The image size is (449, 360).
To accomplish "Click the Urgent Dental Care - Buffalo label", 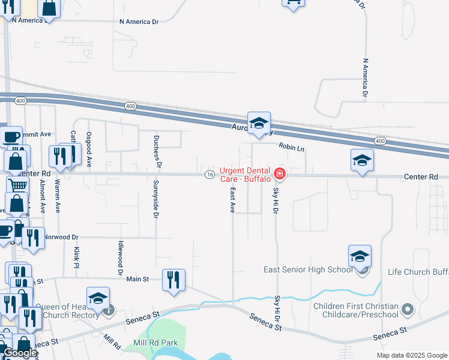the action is [246, 175].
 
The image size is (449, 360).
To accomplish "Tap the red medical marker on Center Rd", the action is [279, 175].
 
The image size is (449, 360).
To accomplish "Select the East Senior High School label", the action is [308, 269].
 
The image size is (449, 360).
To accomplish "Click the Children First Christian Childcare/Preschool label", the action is [356, 310].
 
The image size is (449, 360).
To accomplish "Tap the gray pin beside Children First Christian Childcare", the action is [408, 310].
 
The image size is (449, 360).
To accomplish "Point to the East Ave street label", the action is [232, 200].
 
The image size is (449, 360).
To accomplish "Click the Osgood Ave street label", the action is [89, 149].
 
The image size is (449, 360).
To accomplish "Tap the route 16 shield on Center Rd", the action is [209, 175].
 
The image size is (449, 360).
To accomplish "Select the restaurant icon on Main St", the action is [173, 280].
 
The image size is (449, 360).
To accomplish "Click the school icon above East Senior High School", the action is [360, 256].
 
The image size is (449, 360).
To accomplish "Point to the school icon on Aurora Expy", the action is [259, 123].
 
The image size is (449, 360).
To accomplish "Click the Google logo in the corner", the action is [19, 353].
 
